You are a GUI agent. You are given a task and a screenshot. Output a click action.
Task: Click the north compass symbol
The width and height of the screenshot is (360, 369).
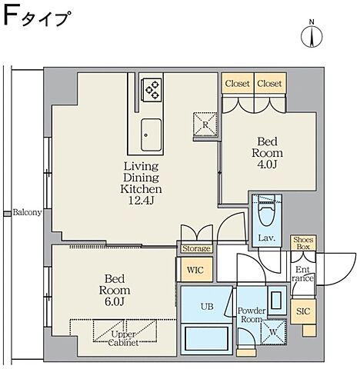[312, 36]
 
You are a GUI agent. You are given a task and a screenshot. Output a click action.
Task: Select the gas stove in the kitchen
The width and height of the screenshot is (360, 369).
[150, 90]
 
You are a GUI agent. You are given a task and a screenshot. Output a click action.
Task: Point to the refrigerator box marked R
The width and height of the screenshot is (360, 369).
[206, 121]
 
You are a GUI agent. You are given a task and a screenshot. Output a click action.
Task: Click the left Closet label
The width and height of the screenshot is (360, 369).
[237, 83]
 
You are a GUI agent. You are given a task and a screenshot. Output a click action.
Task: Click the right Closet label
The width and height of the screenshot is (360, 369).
[268, 83]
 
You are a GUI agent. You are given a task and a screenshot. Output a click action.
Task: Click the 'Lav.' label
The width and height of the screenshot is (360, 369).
[268, 238]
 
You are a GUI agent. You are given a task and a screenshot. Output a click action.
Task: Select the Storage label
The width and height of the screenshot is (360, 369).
[196, 248]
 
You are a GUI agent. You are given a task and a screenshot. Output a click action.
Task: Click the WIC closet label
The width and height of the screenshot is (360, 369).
[195, 269]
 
